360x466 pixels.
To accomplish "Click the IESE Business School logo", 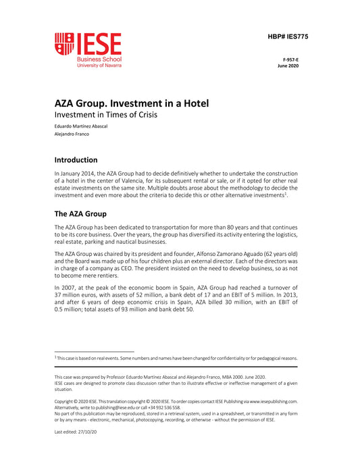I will (x=88, y=49).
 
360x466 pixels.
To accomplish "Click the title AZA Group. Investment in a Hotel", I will (x=132, y=103).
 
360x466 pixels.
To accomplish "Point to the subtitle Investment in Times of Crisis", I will (x=105, y=115).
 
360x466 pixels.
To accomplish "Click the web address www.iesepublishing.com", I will (x=268, y=400).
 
